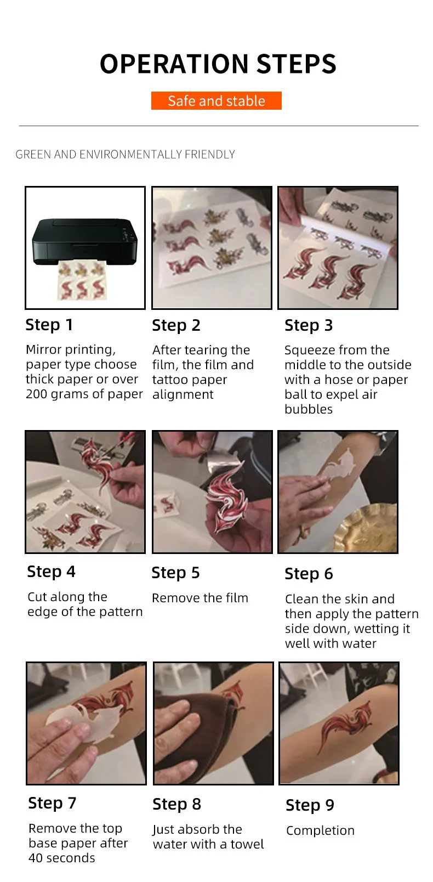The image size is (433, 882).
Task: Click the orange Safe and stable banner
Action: (216, 101)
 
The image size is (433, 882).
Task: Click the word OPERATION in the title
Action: (174, 64)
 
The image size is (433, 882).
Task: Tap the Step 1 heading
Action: (49, 325)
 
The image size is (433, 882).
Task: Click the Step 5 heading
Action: (175, 573)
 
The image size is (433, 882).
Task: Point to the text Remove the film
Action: (200, 598)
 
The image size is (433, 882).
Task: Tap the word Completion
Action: (320, 831)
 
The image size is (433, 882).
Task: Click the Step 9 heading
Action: (310, 805)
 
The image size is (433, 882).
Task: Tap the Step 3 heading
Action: (309, 325)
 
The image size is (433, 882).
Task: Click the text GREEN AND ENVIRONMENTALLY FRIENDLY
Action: (125, 154)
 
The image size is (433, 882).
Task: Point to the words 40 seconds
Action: (62, 858)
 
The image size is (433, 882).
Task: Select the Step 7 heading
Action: (52, 803)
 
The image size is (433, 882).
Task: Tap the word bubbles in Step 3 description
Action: (309, 409)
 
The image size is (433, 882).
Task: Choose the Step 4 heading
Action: (51, 572)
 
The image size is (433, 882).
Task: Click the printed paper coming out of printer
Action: (82, 281)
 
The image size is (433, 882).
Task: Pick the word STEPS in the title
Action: (297, 64)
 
